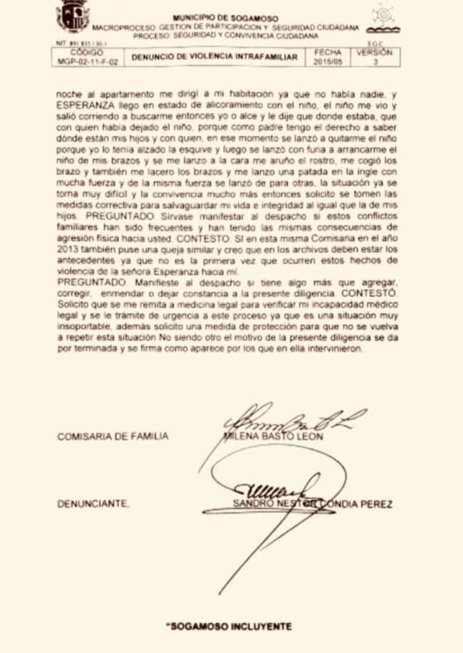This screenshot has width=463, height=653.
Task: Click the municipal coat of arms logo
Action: click(73, 17)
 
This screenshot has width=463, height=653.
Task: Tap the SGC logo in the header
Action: click(383, 20)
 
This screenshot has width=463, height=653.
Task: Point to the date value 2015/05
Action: click(328, 62)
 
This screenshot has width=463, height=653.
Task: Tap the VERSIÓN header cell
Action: click(374, 52)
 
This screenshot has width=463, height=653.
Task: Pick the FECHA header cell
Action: click(328, 52)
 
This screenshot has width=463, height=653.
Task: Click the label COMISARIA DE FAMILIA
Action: click(113, 437)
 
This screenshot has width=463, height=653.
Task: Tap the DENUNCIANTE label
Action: click(93, 504)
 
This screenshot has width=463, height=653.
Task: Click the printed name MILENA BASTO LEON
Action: click(274, 436)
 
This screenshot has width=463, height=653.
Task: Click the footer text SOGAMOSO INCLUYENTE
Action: click(229, 626)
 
